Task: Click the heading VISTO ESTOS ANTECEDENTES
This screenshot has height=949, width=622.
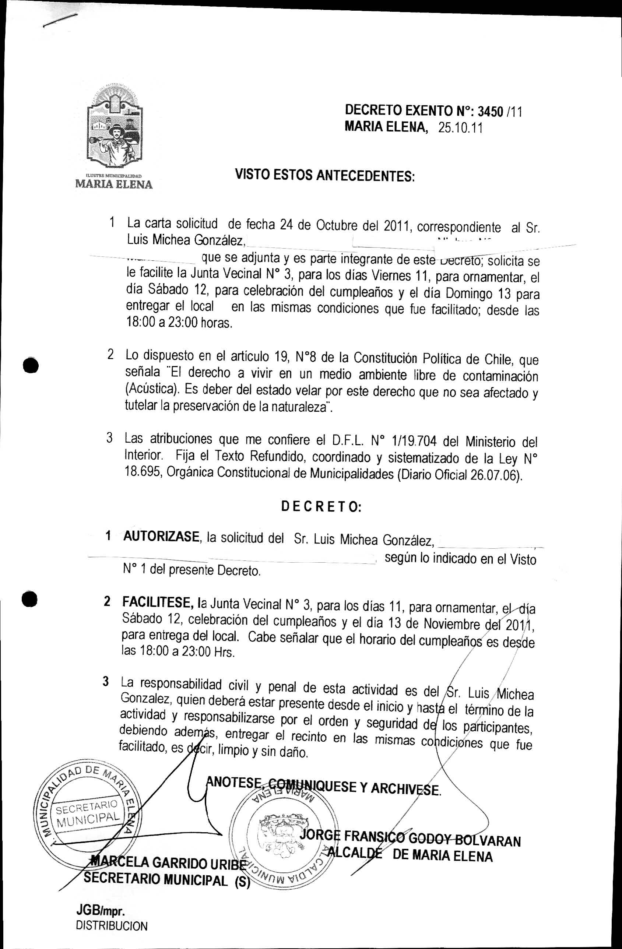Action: pyautogui.click(x=325, y=175)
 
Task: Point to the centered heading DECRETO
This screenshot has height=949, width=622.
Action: pyautogui.click(x=321, y=506)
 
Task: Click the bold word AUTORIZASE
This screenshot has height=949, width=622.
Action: pyautogui.click(x=161, y=537)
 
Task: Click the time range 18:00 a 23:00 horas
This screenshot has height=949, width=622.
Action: pyautogui.click(x=179, y=323)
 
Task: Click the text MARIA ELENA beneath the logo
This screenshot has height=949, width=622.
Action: pyautogui.click(x=114, y=184)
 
